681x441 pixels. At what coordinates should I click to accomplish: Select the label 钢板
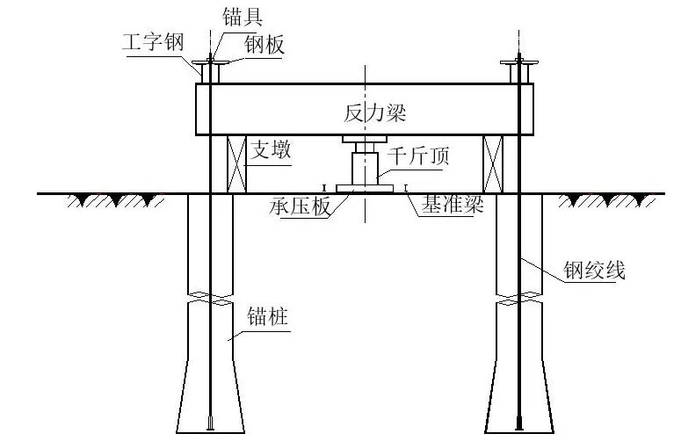pos(264,45)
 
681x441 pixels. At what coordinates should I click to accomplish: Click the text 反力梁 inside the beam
pos(375,113)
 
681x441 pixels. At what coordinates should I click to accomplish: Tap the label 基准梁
pos(453,205)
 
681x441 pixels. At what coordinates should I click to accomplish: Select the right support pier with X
pos(494,163)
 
